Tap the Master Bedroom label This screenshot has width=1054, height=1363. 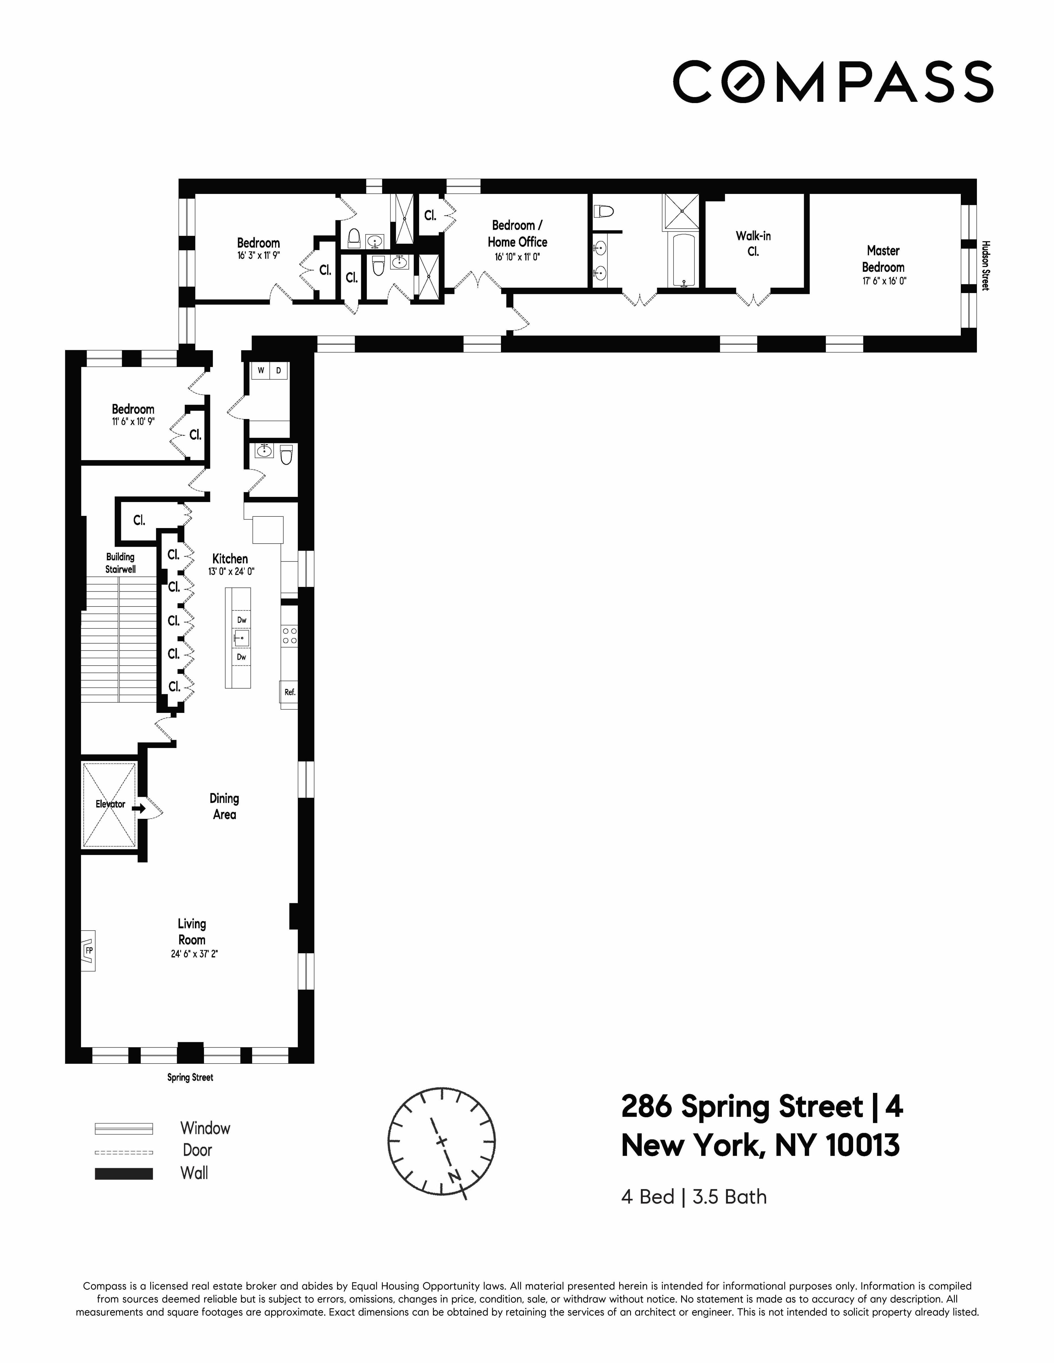[x=883, y=259]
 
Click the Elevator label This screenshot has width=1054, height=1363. [x=110, y=804]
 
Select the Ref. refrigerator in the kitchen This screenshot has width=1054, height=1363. [x=289, y=692]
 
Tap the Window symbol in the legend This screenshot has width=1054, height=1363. [x=124, y=1128]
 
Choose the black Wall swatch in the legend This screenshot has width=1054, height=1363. [x=124, y=1173]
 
